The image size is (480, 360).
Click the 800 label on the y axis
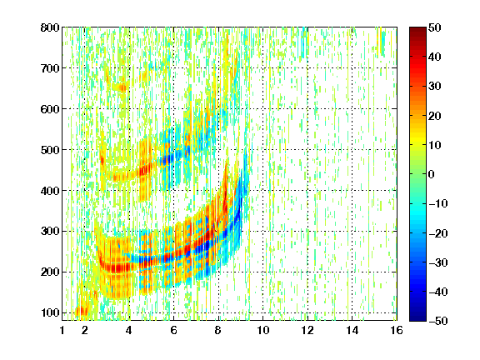point(50,27)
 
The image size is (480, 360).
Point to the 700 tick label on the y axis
point(50,68)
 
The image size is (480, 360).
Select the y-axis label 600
point(50,109)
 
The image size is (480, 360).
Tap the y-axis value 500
point(50,150)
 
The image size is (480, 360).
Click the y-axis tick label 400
point(50,191)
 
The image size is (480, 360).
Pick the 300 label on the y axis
point(50,232)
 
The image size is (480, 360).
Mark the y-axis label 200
point(50,272)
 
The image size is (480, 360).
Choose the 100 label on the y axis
point(50,312)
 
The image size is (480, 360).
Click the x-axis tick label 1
point(62,331)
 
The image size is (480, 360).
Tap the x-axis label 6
point(174,331)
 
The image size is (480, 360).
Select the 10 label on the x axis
point(263,331)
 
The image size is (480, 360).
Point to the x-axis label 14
point(352,331)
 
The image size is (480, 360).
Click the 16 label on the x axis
point(397,331)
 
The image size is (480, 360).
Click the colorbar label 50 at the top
point(434,27)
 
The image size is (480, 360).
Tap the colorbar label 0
point(432,174)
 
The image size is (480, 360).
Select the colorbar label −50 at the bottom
point(438,321)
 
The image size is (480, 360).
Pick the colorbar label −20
point(438,233)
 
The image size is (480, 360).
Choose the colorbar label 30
point(434,87)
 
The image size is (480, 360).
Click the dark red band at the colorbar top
point(417,32)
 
